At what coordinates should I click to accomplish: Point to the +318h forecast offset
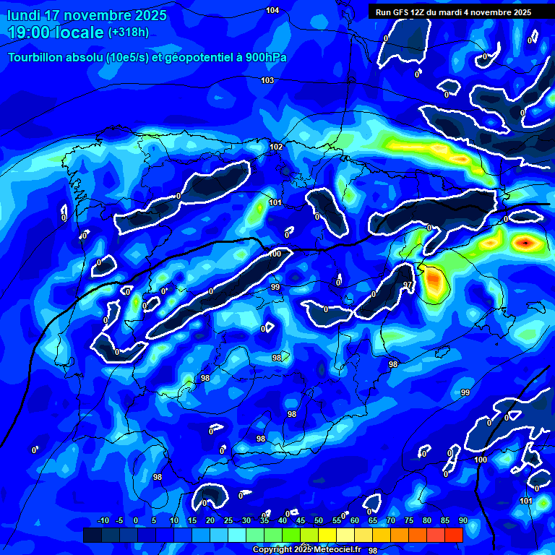(129, 33)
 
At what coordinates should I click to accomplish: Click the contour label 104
(272, 10)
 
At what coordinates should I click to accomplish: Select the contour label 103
(267, 80)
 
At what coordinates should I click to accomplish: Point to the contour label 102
(276, 147)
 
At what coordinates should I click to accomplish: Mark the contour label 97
(408, 285)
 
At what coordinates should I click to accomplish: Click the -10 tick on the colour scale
(103, 521)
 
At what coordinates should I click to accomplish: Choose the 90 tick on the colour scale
(462, 521)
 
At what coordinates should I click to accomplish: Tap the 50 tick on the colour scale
(318, 521)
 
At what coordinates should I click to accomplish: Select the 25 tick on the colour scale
(228, 521)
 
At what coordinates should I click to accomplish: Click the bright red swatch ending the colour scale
(453, 535)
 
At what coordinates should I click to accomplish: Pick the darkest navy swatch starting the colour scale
(92, 535)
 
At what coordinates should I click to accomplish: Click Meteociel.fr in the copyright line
(339, 549)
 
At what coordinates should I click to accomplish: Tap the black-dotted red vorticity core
(525, 243)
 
